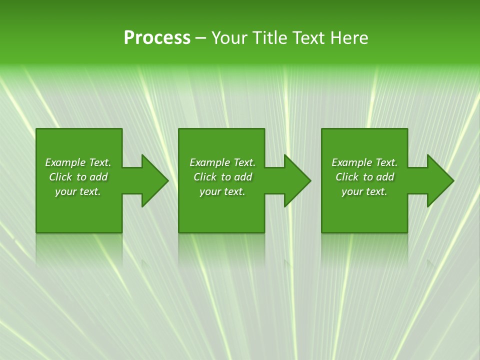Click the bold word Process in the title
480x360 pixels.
pyautogui.click(x=157, y=37)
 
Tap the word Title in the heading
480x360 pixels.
pyautogui.click(x=269, y=38)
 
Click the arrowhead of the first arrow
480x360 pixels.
pyautogui.click(x=154, y=180)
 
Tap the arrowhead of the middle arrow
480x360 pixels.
pyautogui.click(x=297, y=180)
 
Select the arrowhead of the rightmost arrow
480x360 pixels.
pyautogui.click(x=440, y=180)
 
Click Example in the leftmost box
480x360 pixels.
pyautogui.click(x=65, y=162)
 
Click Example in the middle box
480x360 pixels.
pyautogui.click(x=209, y=162)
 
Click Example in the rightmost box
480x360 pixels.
pyautogui.click(x=351, y=162)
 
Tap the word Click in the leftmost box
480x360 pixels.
pyautogui.click(x=60, y=177)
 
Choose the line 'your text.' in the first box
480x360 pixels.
pyautogui.click(x=78, y=191)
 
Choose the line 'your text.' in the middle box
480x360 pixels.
pyautogui.click(x=222, y=191)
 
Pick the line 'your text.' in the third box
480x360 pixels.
pyautogui.click(x=364, y=191)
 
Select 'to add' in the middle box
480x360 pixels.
pyautogui.click(x=236, y=177)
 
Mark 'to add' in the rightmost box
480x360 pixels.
pyautogui.click(x=378, y=177)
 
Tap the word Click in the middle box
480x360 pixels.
pyautogui.click(x=205, y=177)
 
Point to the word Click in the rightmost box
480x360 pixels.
pyautogui.click(x=347, y=177)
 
